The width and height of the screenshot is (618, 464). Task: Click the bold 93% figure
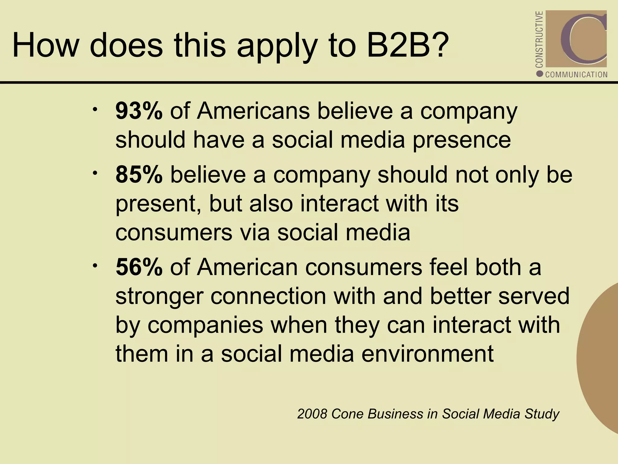tap(139, 111)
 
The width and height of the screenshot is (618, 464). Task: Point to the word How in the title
tap(45, 46)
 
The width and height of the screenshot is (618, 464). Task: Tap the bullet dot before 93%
tap(95, 110)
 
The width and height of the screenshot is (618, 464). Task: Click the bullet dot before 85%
tap(95, 173)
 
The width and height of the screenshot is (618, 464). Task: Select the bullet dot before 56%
tap(95, 266)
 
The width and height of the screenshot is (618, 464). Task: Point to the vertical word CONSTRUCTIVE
tap(539, 39)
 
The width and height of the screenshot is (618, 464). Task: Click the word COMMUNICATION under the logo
tap(576, 75)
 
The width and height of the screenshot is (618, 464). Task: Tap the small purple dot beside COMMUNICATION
tap(540, 74)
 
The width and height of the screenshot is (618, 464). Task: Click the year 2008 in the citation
tap(312, 414)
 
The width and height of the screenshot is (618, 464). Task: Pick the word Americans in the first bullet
tap(253, 111)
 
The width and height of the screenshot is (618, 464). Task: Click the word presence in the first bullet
tap(462, 141)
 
